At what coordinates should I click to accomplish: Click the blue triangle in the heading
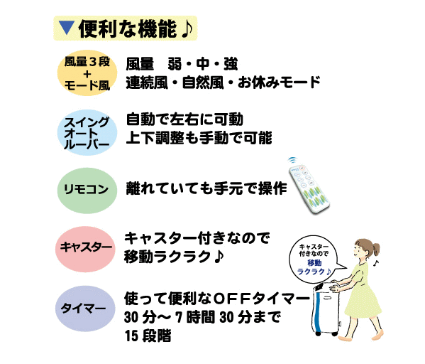(67, 28)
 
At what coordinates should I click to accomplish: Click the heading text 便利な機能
(128, 29)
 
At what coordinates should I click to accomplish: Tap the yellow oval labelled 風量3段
(87, 73)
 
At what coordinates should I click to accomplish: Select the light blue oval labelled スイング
(87, 132)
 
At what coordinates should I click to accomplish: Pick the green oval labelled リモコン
(87, 191)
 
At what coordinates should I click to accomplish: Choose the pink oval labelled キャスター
(85, 249)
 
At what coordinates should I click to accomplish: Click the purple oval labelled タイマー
(85, 309)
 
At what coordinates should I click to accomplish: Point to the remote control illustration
(308, 188)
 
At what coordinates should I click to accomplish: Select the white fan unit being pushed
(325, 309)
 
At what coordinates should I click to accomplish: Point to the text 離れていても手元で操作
(206, 188)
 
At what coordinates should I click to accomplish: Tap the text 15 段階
(148, 336)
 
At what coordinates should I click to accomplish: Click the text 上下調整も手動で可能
(199, 138)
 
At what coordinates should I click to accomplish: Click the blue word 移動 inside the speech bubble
(314, 262)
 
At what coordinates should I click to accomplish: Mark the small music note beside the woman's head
(375, 262)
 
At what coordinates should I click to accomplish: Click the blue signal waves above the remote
(292, 160)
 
